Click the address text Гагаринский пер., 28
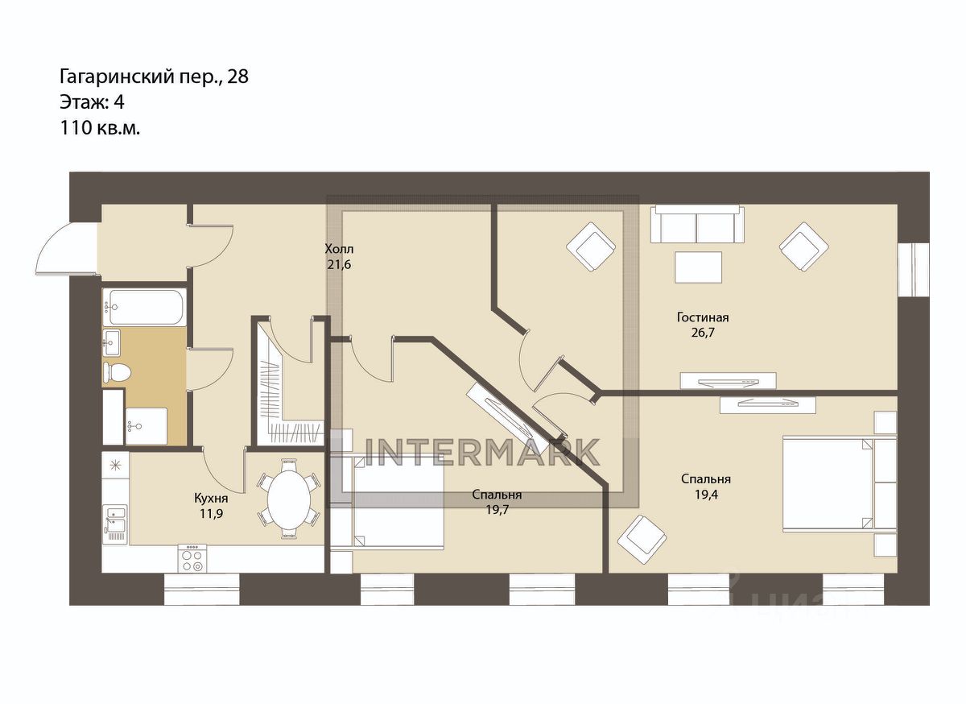point(154,77)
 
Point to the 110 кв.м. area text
point(100,127)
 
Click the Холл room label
point(338,248)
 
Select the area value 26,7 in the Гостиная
point(697,332)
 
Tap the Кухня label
point(208,497)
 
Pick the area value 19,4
point(706,494)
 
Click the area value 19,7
point(497,509)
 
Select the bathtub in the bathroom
point(145,307)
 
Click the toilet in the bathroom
point(117,373)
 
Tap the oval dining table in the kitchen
point(288,499)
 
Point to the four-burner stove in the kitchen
point(192,558)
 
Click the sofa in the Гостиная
point(696,224)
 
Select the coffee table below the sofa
point(698,267)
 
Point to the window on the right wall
point(914,269)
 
